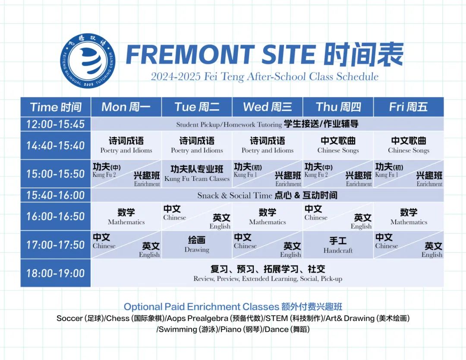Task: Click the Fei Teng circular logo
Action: coord(88,60)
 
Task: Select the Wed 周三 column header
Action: coord(268,107)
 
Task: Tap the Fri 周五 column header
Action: coord(409,107)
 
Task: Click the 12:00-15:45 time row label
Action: coord(56,124)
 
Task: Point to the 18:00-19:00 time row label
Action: coord(56,273)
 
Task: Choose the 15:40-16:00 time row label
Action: coord(56,195)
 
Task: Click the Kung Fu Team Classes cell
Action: coord(197,174)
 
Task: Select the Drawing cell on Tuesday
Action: coord(197,245)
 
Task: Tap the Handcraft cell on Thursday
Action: coord(338,245)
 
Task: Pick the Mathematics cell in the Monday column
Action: coord(126,216)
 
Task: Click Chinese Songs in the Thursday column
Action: coord(338,150)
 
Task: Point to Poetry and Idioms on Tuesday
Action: coord(197,150)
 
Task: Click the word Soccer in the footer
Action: coord(69,318)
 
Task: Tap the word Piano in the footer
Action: coord(231,329)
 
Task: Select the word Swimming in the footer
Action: coord(178,329)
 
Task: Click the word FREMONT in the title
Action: coord(190,54)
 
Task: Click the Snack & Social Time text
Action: coord(235,195)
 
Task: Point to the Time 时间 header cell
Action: coord(56,107)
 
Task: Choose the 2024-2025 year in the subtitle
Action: coord(176,76)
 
